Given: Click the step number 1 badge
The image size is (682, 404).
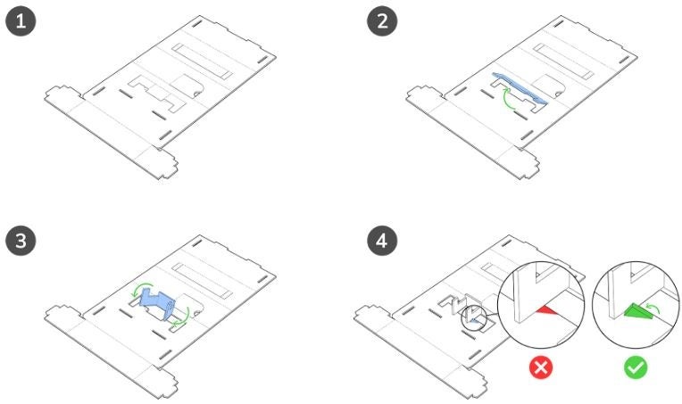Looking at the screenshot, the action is coord(21,21).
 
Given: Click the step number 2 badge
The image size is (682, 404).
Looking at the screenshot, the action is coord(382,21).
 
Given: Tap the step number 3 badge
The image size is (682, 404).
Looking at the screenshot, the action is coord(21,241).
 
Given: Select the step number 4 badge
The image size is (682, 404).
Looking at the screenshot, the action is coord(382,241).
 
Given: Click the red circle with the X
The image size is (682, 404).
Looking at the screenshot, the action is coord(541,367).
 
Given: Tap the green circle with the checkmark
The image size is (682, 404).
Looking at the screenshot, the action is coord(636,367).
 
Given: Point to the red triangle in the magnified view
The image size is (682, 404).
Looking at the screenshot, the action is coord(546,309).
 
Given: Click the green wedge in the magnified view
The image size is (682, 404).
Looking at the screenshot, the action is coord(638,310).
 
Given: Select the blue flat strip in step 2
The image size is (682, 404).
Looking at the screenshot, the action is coord(520,88).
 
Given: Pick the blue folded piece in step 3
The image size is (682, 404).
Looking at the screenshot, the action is coord(157,303).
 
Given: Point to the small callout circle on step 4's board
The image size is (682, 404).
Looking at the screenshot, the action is coord(474,318).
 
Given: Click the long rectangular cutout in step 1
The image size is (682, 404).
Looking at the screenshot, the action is coord(203,61).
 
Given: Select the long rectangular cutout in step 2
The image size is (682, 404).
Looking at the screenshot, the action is coord(563,61).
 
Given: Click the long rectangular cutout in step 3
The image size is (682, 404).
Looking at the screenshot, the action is coord(203,280).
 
